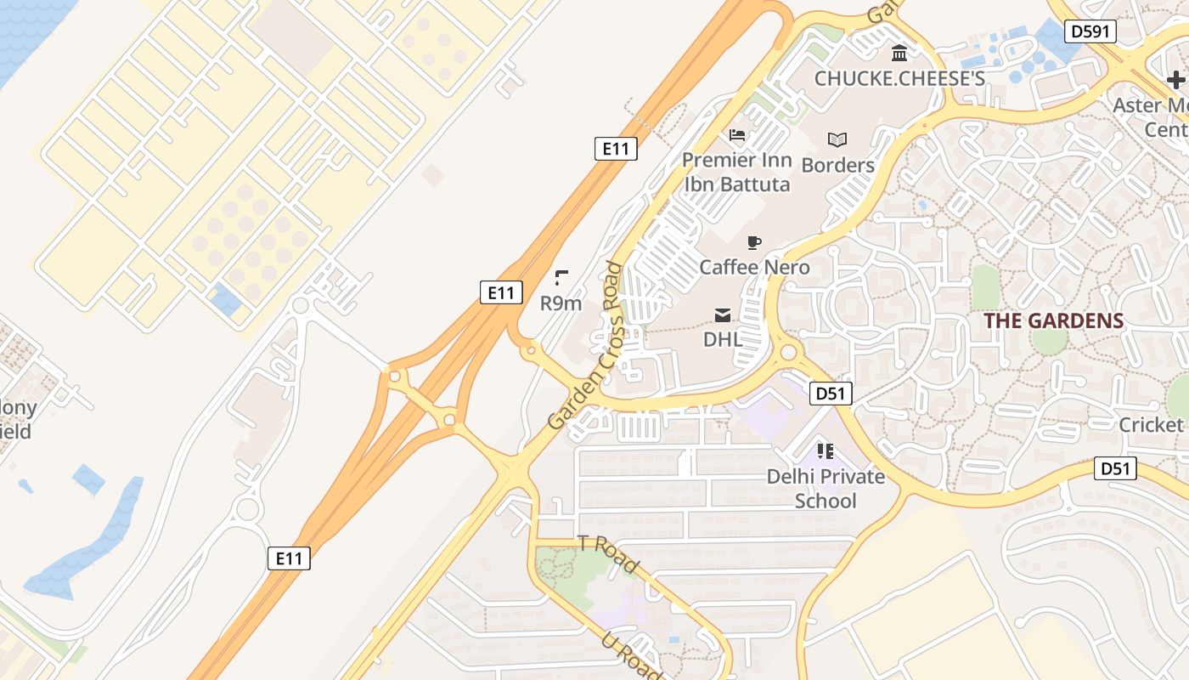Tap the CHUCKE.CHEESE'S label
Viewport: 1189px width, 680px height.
click(x=899, y=79)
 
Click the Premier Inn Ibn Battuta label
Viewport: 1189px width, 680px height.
click(x=737, y=172)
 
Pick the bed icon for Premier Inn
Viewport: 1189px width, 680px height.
click(x=737, y=135)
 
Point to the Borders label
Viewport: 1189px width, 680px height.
click(x=837, y=165)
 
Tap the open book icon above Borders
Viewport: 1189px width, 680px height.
click(x=837, y=139)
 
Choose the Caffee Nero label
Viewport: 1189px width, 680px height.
click(x=754, y=267)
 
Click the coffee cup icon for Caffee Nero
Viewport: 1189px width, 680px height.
click(x=753, y=243)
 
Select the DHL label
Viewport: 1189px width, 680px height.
click(x=723, y=339)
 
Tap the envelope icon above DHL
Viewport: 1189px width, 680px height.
click(x=723, y=315)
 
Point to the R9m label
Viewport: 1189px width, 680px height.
click(x=561, y=303)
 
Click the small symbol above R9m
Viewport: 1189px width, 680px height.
click(x=561, y=277)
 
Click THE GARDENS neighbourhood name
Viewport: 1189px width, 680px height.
click(x=1053, y=321)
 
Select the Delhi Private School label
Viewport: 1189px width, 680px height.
click(x=826, y=489)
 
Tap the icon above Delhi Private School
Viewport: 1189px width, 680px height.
click(x=826, y=450)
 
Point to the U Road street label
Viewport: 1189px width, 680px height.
click(x=633, y=656)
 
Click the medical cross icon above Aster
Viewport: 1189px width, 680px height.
click(x=1176, y=80)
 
